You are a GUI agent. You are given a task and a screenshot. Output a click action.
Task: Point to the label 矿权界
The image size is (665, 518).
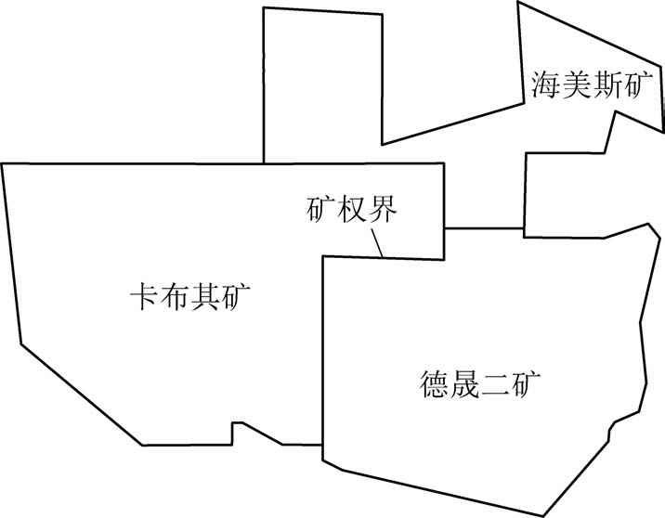352,211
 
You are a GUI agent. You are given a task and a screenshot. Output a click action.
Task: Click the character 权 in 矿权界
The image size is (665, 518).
352,211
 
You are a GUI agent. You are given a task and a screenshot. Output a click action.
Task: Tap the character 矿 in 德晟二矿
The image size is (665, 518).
527,382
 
